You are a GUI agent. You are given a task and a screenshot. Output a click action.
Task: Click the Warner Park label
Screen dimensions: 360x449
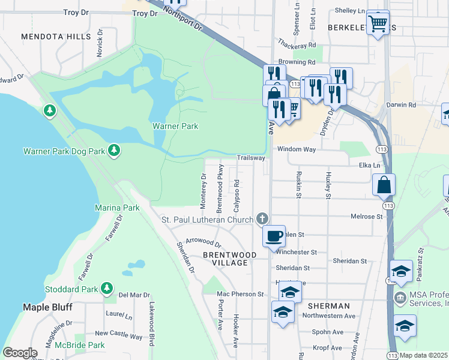click(175, 126)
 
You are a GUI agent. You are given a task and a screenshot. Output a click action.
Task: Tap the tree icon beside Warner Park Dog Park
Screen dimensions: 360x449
click(113, 150)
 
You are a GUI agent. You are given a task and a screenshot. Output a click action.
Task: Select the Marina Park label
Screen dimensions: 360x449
click(117, 208)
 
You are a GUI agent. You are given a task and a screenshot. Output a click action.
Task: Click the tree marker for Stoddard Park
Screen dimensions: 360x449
click(107, 289)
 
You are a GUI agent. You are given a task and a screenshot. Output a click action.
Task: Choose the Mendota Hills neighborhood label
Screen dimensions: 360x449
click(56, 37)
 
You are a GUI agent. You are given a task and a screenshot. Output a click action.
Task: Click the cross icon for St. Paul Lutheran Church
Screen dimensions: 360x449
click(262, 219)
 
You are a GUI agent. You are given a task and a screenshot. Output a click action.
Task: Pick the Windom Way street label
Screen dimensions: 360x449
click(296, 149)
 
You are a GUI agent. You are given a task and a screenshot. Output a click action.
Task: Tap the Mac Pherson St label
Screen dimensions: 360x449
click(240, 294)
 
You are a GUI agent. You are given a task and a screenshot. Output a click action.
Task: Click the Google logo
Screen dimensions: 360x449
click(20, 353)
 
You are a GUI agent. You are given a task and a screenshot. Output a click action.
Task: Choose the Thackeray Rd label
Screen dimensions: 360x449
click(296, 45)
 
